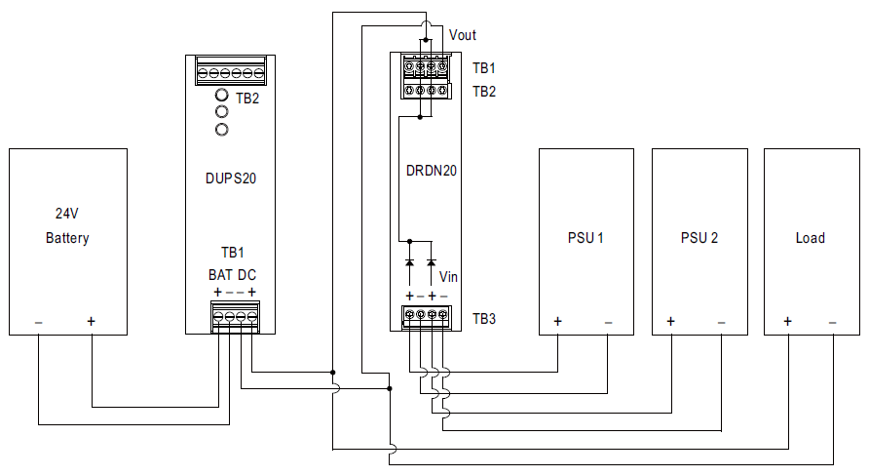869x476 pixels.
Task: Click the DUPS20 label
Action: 231,178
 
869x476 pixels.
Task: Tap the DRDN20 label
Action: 432,171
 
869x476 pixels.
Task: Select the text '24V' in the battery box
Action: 66,213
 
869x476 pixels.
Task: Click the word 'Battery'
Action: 67,238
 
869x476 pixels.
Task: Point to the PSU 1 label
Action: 586,238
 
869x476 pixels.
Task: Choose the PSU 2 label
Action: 699,238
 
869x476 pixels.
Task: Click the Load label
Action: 811,238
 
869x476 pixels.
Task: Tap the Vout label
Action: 462,35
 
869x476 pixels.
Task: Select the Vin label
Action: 448,276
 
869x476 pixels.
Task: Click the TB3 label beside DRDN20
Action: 484,319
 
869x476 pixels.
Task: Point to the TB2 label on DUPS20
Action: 247,99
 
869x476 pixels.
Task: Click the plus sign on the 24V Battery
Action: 91,321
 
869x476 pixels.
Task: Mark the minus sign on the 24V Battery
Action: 39,322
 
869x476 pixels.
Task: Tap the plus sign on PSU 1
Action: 557,321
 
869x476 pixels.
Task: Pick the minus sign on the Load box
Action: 832,322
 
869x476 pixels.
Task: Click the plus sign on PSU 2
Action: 670,321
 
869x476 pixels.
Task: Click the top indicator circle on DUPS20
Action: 222,95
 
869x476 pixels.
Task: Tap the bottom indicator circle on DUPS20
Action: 222,130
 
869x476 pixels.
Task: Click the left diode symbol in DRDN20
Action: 409,262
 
